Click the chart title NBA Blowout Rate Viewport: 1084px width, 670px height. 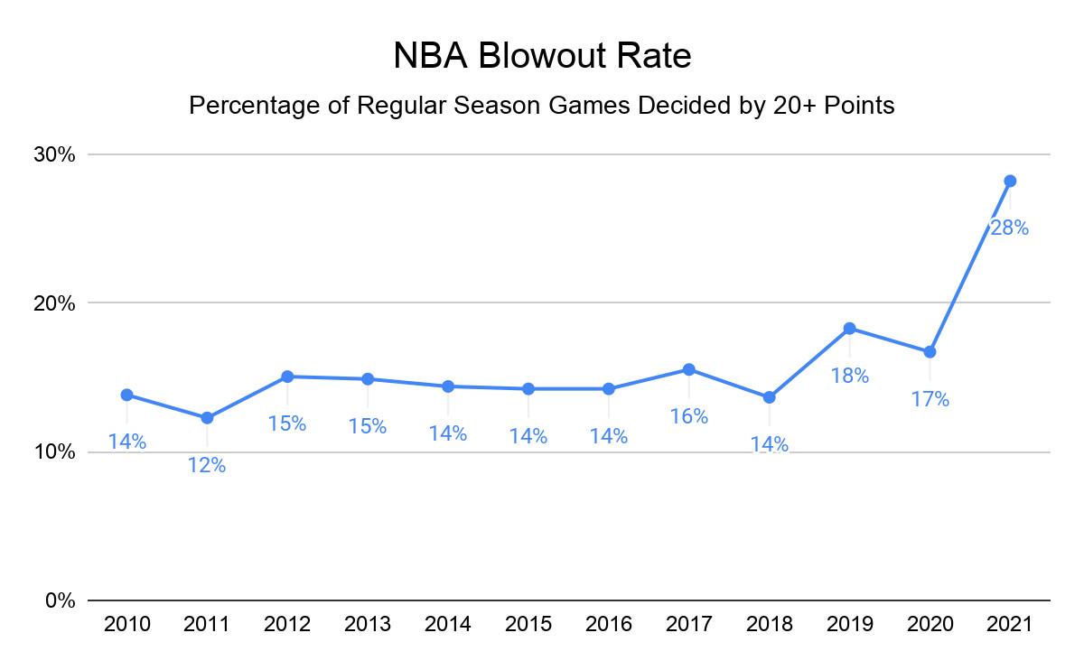pos(542,56)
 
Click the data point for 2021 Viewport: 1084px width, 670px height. pos(1010,181)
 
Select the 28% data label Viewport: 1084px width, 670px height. pos(1010,228)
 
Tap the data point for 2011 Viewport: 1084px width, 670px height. pos(207,417)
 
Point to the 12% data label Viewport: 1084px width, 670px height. pos(207,465)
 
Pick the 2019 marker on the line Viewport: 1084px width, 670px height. pos(849,328)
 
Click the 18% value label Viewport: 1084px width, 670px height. pos(849,376)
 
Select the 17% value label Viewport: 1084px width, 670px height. pos(930,399)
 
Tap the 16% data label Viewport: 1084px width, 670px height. pos(688,416)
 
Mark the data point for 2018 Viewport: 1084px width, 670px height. pos(769,397)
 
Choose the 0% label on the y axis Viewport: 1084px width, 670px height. pos(61,600)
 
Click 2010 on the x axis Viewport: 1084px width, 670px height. pos(126,624)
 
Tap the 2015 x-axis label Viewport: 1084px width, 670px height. pos(528,624)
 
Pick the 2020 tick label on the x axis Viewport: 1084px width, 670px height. pos(930,624)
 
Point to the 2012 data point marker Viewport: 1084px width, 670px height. pos(287,376)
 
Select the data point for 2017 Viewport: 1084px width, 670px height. pos(688,369)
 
